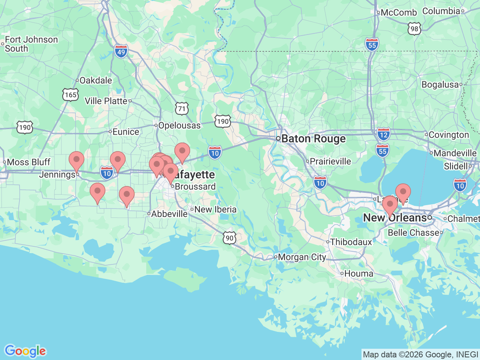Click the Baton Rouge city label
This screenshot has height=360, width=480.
[313, 139]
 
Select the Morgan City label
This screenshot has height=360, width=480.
[302, 257]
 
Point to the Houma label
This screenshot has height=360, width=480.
[358, 274]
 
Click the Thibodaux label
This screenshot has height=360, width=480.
[351, 242]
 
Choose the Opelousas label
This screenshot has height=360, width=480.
[179, 126]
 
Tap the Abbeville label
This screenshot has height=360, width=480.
[169, 214]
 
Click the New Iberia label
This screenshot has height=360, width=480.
[215, 210]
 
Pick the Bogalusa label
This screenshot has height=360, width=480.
[440, 85]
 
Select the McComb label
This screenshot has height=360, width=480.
[398, 13]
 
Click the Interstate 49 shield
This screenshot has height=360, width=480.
[121, 51]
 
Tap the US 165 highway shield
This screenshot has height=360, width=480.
[70, 94]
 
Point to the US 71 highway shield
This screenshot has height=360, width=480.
[182, 109]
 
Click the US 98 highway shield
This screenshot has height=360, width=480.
[414, 29]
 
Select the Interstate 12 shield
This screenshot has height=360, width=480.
[383, 134]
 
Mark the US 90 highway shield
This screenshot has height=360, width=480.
[229, 238]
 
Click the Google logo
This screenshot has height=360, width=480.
[25, 351]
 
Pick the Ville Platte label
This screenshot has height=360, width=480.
[106, 101]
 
